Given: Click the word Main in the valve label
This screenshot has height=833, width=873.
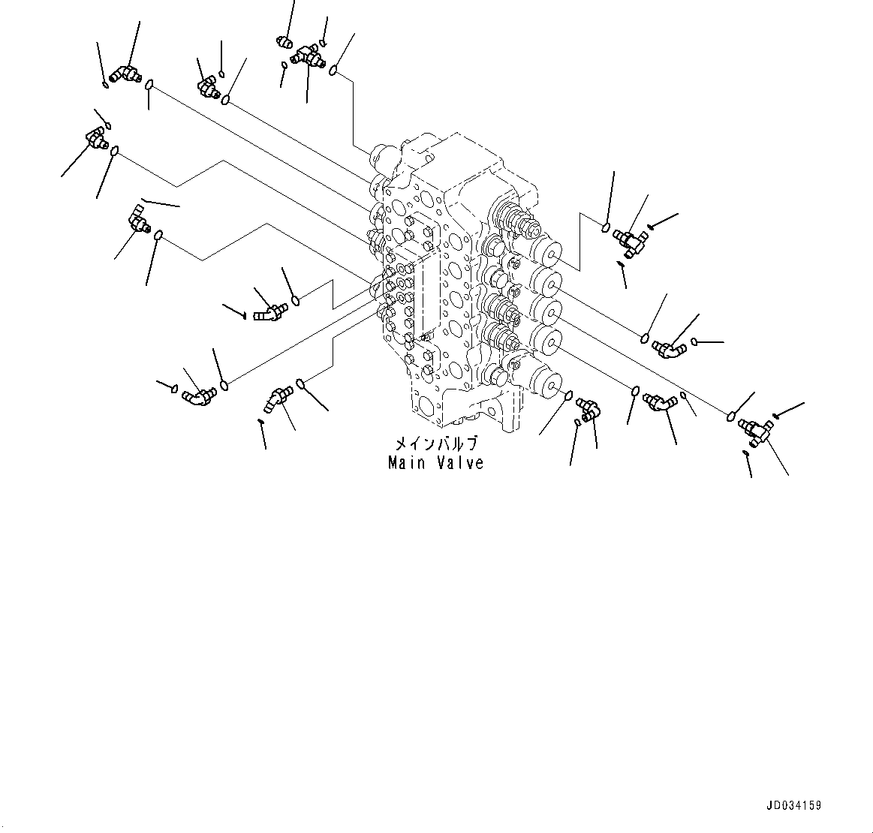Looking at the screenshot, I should click(x=406, y=463).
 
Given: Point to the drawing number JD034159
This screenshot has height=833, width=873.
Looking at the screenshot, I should click(x=793, y=805).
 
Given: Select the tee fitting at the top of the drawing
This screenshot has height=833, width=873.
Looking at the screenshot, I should click(x=308, y=54).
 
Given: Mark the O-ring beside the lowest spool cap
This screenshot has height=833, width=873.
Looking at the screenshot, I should click(x=568, y=395).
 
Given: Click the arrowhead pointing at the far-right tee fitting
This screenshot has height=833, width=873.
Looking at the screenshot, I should click(x=777, y=414).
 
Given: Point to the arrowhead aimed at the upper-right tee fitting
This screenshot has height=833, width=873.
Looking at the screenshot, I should click(x=651, y=225).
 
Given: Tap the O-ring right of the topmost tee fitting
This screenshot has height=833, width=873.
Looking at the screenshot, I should click(x=333, y=71).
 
